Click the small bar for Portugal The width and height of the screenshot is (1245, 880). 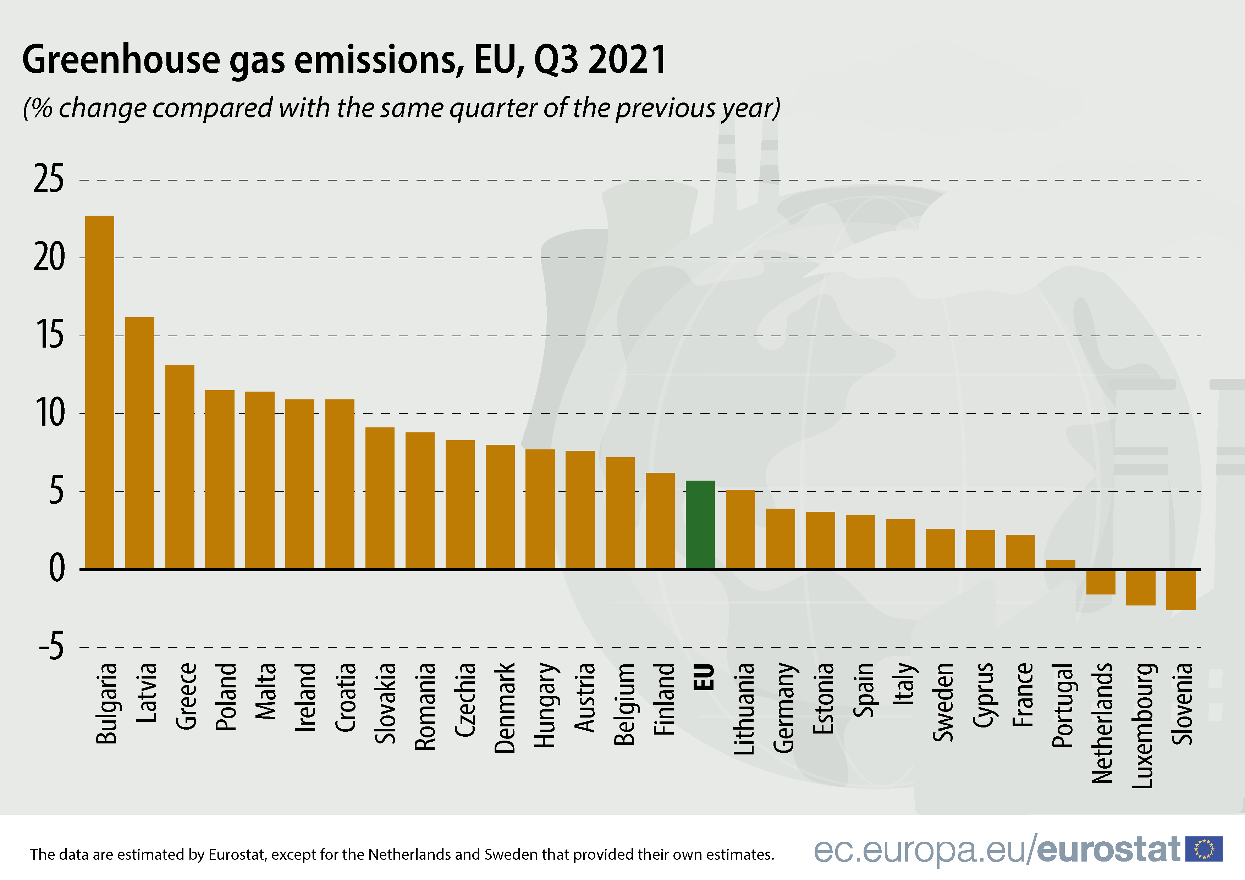1060,564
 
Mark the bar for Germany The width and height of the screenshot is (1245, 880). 780,538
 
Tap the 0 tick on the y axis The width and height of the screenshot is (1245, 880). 56,569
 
